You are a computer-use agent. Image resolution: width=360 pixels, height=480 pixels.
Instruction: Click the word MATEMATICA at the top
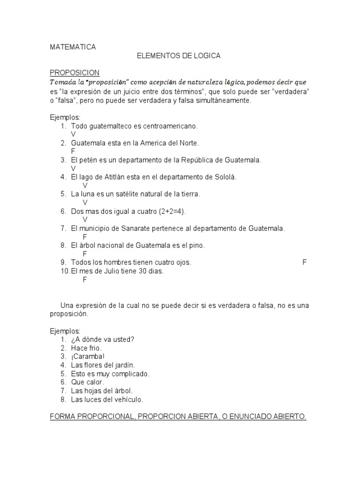(x=73, y=47)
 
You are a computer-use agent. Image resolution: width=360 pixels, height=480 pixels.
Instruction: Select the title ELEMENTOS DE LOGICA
(x=178, y=56)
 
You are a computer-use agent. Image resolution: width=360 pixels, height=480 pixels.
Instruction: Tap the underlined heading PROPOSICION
(x=75, y=73)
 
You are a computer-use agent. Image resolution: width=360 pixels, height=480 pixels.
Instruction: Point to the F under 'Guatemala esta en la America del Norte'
(x=73, y=151)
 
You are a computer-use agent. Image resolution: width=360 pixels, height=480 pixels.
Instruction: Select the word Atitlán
(x=117, y=177)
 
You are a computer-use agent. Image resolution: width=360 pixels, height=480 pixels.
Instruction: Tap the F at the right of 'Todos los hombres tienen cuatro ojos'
(x=304, y=262)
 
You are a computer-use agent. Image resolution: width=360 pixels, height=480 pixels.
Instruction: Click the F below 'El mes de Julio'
(x=85, y=280)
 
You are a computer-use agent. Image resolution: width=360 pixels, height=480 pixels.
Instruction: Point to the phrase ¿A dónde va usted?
(x=103, y=340)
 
